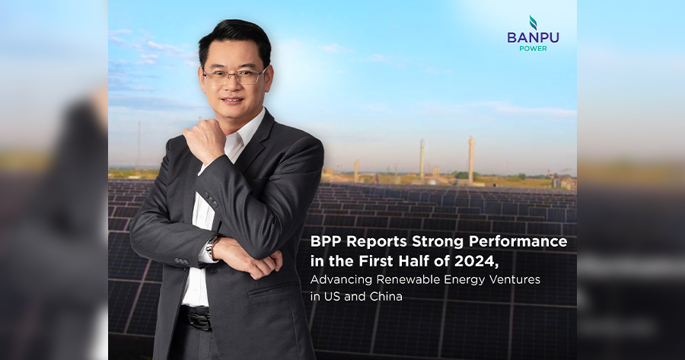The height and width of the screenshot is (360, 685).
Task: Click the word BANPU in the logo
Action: tap(533, 37)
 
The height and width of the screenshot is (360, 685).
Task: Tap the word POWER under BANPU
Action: tap(533, 49)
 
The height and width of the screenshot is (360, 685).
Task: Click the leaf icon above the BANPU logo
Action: tap(533, 22)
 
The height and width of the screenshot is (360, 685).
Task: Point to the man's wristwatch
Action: tap(212, 246)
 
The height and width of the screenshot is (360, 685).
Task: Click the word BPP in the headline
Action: tap(324, 241)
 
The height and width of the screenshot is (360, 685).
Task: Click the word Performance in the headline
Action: tap(518, 241)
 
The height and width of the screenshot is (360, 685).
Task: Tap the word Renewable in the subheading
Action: tap(403, 279)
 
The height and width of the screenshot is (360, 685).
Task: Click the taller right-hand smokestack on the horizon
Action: tap(471, 159)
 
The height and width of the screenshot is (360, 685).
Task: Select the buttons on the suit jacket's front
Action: tap(212, 200)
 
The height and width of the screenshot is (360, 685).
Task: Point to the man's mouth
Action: tap(232, 100)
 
